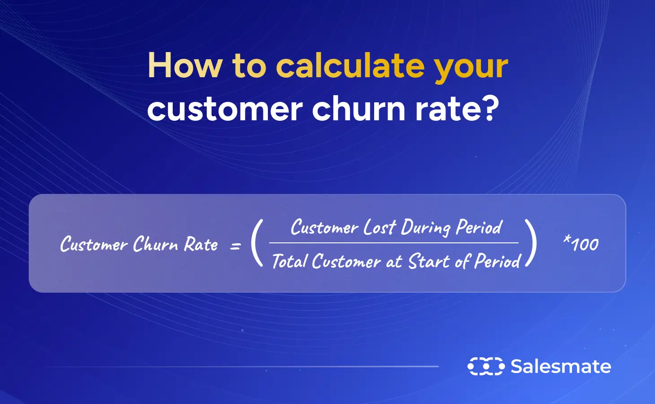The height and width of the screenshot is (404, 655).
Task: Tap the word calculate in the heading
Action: click(x=350, y=66)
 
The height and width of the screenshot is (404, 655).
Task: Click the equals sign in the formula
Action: click(x=236, y=246)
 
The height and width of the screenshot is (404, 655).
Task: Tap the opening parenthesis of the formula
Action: click(x=257, y=243)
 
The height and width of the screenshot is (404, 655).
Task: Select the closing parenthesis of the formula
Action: click(x=532, y=243)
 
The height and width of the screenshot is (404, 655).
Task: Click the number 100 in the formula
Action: click(x=585, y=245)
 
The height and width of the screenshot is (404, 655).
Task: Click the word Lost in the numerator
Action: click(x=380, y=227)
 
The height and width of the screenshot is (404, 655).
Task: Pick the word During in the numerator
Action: click(x=425, y=228)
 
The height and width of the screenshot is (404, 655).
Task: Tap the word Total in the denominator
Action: click(x=289, y=261)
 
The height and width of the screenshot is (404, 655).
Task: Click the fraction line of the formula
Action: click(x=393, y=243)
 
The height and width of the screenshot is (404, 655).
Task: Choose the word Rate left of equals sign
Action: click(x=201, y=245)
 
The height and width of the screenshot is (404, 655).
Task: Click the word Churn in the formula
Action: click(x=156, y=245)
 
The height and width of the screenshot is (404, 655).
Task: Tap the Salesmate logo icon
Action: click(x=486, y=366)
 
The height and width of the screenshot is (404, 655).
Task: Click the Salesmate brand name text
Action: click(x=561, y=366)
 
